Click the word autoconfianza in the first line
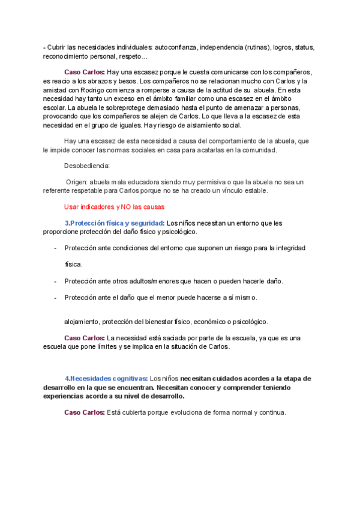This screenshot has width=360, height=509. tap(176, 47)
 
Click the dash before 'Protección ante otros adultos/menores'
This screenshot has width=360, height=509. tap(55, 282)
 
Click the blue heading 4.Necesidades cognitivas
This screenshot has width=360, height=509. tap(106, 379)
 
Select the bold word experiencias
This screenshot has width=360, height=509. tap(65, 396)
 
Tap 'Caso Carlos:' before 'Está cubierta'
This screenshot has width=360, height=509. tap(84, 413)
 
